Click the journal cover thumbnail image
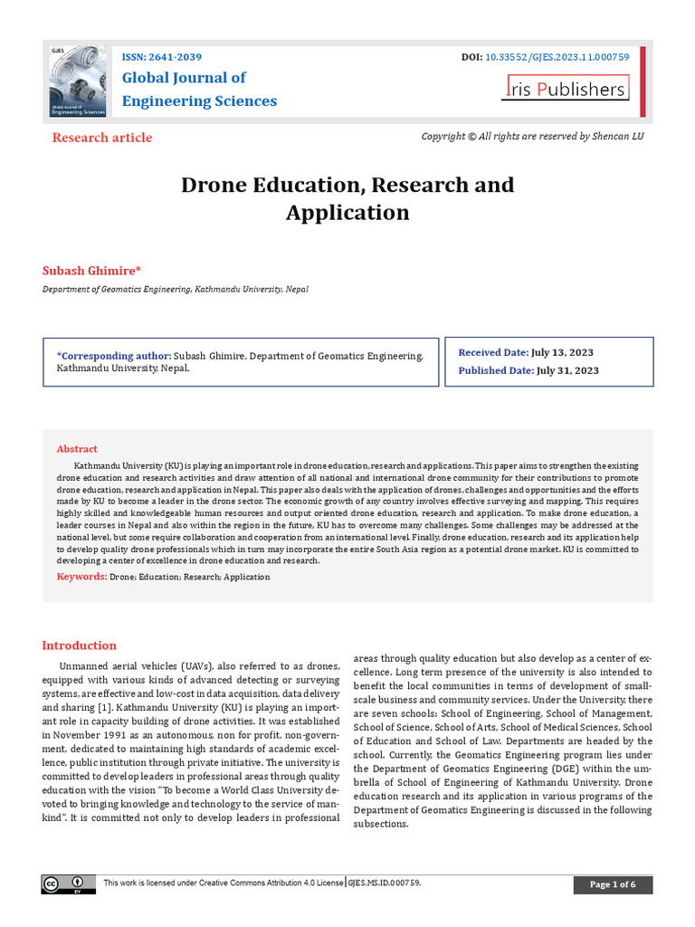pyautogui.click(x=79, y=81)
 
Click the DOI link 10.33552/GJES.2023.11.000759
pyautogui.click(x=557, y=56)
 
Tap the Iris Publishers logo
pyautogui.click(x=566, y=89)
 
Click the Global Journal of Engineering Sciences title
pyautogui.click(x=199, y=89)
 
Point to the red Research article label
pyautogui.click(x=102, y=138)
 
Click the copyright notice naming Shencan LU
pyautogui.click(x=533, y=136)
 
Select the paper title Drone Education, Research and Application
pyautogui.click(x=347, y=198)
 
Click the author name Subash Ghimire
pyautogui.click(x=91, y=271)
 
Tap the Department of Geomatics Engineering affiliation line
pyautogui.click(x=176, y=290)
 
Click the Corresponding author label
pyautogui.click(x=113, y=357)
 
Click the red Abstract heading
pyautogui.click(x=77, y=449)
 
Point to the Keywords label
pyautogui.click(x=81, y=577)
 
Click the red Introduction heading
pyautogui.click(x=80, y=645)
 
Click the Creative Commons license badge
pyautogui.click(x=68, y=884)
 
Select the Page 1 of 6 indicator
pyautogui.click(x=613, y=884)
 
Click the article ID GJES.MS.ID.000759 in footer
pyautogui.click(x=385, y=883)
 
